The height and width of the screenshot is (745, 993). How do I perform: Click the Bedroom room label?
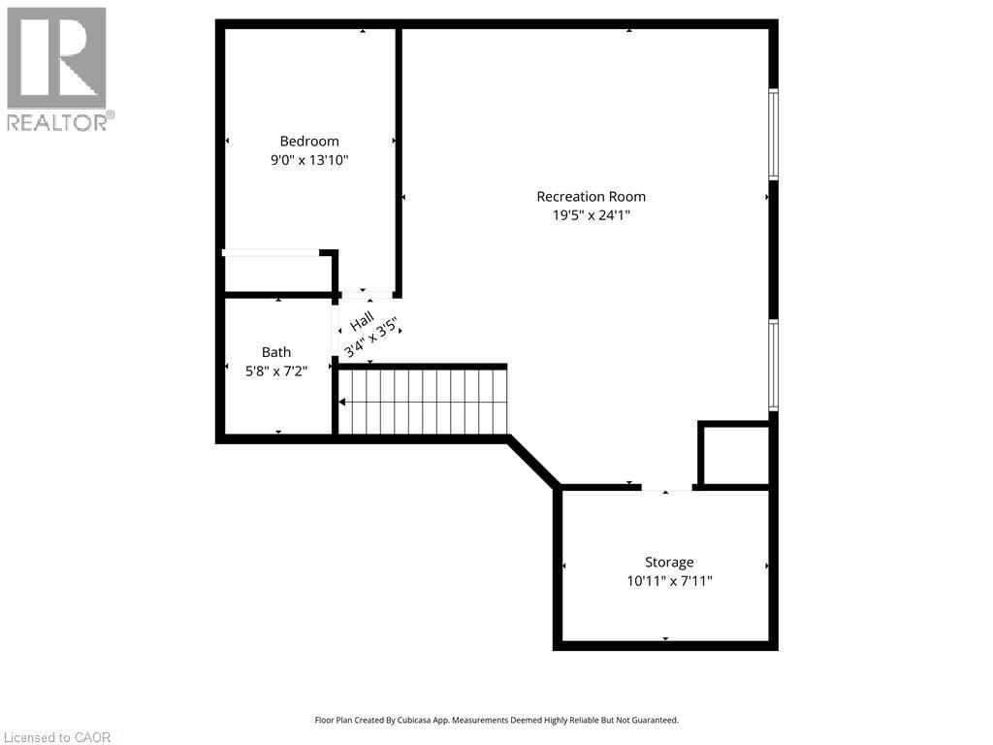click(x=309, y=142)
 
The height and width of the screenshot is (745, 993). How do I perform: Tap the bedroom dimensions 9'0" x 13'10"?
click(x=309, y=160)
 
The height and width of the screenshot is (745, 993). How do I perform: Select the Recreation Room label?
click(x=591, y=197)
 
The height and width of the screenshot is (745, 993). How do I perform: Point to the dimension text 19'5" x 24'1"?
click(x=591, y=216)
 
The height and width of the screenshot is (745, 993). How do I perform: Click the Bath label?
click(x=275, y=353)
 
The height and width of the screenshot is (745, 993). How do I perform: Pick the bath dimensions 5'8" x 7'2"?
click(x=275, y=371)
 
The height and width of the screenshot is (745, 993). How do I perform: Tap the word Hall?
click(x=362, y=320)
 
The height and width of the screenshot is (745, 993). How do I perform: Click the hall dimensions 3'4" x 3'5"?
click(x=372, y=338)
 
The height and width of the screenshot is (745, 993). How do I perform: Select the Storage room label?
click(x=669, y=563)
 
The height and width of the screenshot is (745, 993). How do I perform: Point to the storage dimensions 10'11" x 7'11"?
click(x=669, y=581)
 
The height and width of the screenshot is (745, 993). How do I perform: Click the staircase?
click(x=423, y=402)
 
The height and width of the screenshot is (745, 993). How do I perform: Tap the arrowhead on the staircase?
click(x=342, y=402)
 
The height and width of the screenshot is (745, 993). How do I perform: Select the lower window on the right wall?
click(x=773, y=365)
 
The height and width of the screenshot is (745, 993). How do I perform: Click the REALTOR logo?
click(x=57, y=68)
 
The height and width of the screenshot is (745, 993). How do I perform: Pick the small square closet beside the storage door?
click(x=734, y=454)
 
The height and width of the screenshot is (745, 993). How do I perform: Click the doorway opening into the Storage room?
click(x=666, y=488)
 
